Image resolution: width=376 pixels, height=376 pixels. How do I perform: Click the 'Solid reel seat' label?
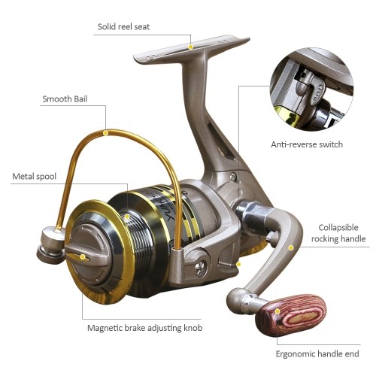point(123,27)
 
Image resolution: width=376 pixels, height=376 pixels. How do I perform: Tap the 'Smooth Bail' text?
point(65,99)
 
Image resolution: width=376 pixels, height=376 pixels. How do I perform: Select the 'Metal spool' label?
point(34,177)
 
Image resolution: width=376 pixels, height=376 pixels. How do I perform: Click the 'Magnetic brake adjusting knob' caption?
point(144,328)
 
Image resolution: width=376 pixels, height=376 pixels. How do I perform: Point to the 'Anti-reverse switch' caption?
point(307,144)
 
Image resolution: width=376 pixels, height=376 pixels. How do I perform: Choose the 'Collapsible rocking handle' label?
point(338,233)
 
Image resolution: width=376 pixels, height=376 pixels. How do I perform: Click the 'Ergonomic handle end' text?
point(317,354)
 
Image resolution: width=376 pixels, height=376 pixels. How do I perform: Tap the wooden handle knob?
point(291,315)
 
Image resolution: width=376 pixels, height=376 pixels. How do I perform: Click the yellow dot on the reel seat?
point(190,47)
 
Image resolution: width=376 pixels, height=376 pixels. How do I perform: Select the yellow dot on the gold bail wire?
point(106,133)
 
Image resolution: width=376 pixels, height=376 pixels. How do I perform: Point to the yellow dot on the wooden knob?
point(277,311)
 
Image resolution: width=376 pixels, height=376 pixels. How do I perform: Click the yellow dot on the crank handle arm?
point(291,247)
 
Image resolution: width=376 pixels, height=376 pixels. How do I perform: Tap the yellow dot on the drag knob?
point(82,256)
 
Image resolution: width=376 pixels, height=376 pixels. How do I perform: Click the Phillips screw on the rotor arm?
point(200,268)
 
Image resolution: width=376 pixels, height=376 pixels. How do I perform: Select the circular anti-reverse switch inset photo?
point(311,89)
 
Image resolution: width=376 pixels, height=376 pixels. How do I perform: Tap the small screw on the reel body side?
point(233,177)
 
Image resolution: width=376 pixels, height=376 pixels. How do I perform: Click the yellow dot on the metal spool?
point(127,217)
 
